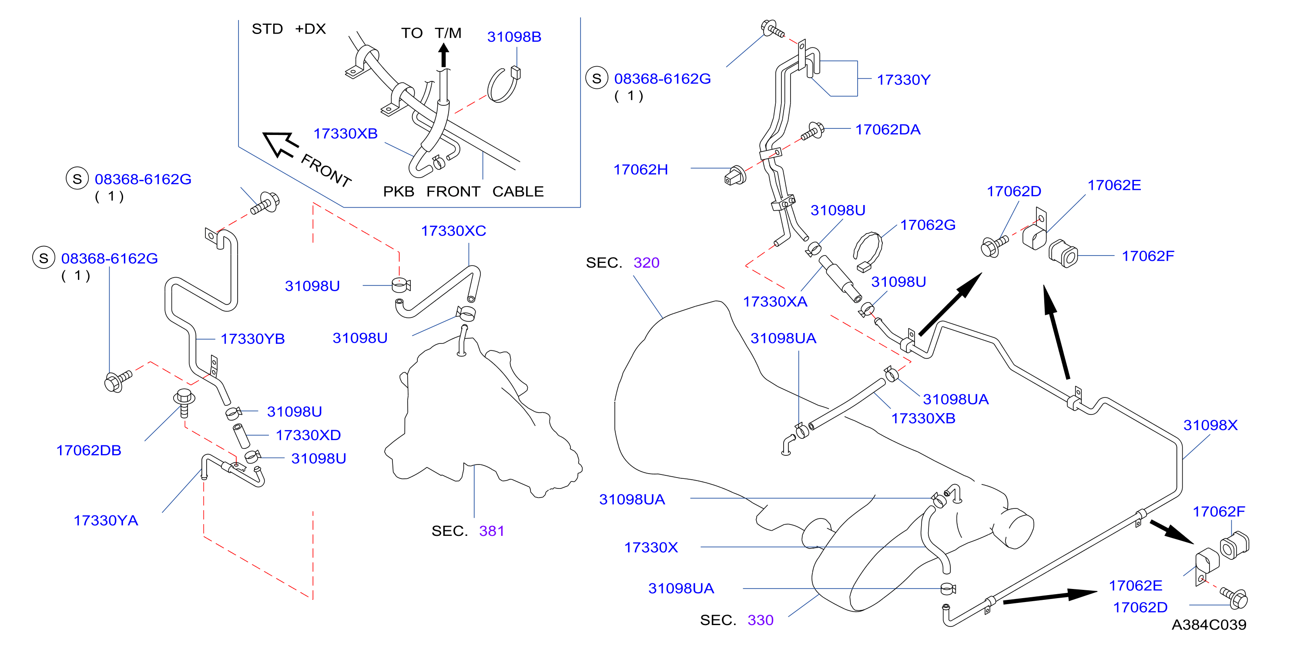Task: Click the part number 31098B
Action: [x=514, y=37]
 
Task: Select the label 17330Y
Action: [x=903, y=80]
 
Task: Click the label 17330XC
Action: [x=453, y=231]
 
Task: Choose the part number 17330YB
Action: [x=253, y=339]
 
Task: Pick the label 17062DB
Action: [x=89, y=450]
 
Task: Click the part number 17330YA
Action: [x=106, y=521]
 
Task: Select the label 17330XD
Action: [x=308, y=435]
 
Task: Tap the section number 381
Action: [x=491, y=531]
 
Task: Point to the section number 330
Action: [x=760, y=620]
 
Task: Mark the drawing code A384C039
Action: [x=1209, y=625]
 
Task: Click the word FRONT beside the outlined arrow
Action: [x=326, y=171]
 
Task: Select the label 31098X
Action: [x=1210, y=425]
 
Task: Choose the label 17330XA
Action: [x=774, y=302]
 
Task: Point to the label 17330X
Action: [x=650, y=547]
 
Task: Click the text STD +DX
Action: [x=288, y=29]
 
